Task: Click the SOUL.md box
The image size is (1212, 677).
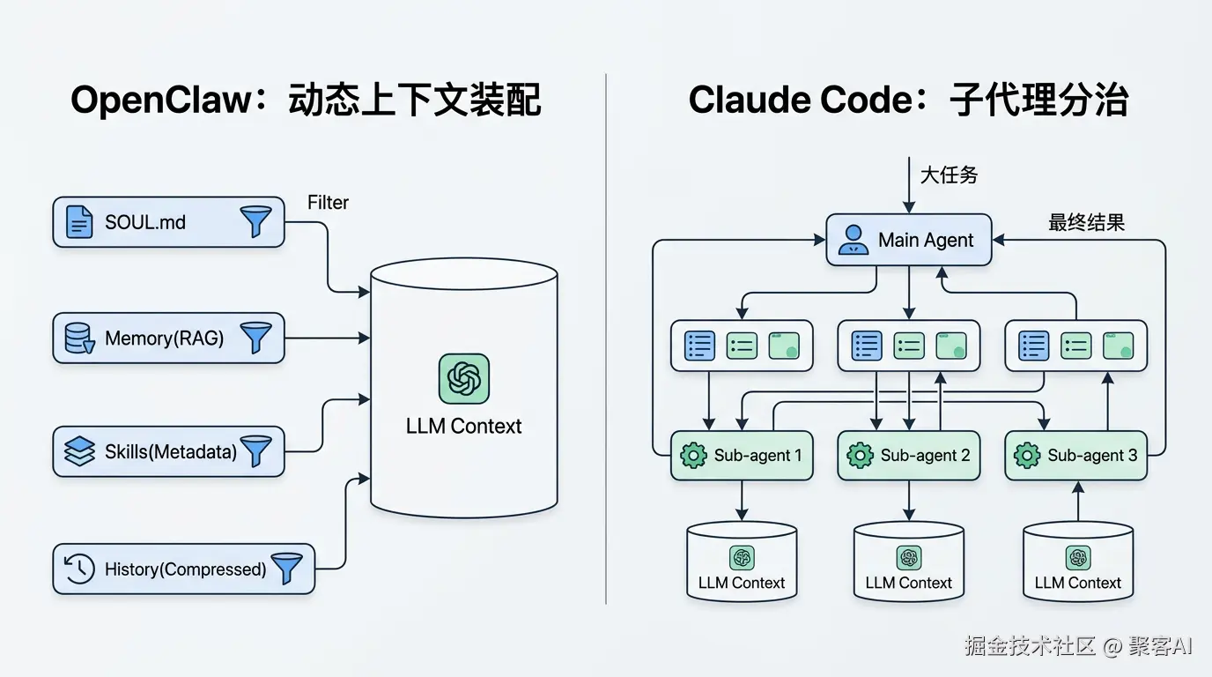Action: coord(168,221)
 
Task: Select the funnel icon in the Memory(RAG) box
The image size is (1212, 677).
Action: coord(255,338)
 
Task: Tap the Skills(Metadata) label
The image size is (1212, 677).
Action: coord(171,452)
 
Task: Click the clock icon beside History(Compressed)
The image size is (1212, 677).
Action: coord(79,569)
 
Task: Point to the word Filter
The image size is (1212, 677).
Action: coord(328,203)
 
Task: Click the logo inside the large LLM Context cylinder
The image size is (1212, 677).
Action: coord(463,379)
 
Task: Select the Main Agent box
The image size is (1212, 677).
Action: coord(908,240)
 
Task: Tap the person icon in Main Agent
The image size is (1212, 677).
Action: coord(852,240)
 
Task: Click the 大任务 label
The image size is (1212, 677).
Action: coord(949,175)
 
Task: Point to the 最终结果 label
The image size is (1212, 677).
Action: coord(1086,222)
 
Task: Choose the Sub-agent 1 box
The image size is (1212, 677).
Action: coord(741,456)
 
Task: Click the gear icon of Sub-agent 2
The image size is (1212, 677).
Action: coord(860,456)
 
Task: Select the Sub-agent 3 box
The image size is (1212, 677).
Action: coord(1075,456)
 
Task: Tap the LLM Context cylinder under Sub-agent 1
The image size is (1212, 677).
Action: coord(742,562)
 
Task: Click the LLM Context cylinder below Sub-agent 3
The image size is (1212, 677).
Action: coord(1077,562)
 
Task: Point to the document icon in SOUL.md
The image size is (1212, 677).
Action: coord(79,221)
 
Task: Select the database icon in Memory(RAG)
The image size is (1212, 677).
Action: coord(79,338)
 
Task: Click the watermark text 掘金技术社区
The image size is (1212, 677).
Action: coord(1029,646)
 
